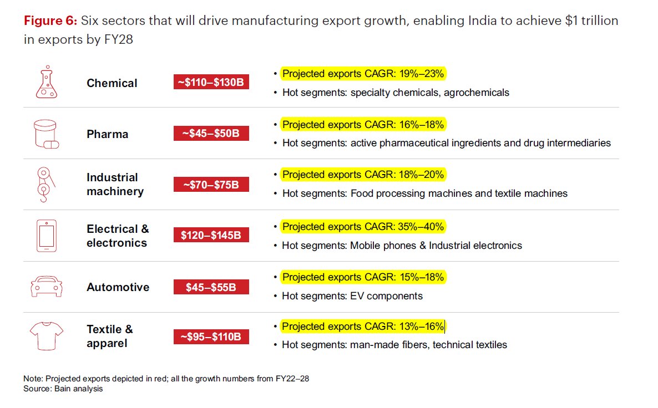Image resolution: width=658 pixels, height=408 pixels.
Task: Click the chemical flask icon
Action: (x=47, y=83)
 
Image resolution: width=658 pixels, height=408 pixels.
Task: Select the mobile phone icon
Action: (x=47, y=236)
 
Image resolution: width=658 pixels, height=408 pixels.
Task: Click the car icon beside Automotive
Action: (x=47, y=287)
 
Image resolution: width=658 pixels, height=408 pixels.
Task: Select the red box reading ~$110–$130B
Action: (x=211, y=83)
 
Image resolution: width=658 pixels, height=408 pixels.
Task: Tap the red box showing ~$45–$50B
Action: (x=211, y=134)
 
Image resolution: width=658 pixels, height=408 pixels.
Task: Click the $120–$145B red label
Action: (x=211, y=235)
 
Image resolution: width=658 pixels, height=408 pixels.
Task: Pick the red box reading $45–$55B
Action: (x=211, y=287)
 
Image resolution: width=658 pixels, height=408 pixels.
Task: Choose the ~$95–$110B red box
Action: (x=211, y=336)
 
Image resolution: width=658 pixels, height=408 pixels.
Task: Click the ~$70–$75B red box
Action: (x=211, y=185)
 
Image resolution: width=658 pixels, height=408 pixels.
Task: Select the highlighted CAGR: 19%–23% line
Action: (x=363, y=74)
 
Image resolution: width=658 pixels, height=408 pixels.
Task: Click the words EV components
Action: (x=386, y=296)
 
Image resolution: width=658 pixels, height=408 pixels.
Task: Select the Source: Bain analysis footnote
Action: (x=63, y=389)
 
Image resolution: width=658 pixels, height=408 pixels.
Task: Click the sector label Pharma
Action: (x=107, y=134)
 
